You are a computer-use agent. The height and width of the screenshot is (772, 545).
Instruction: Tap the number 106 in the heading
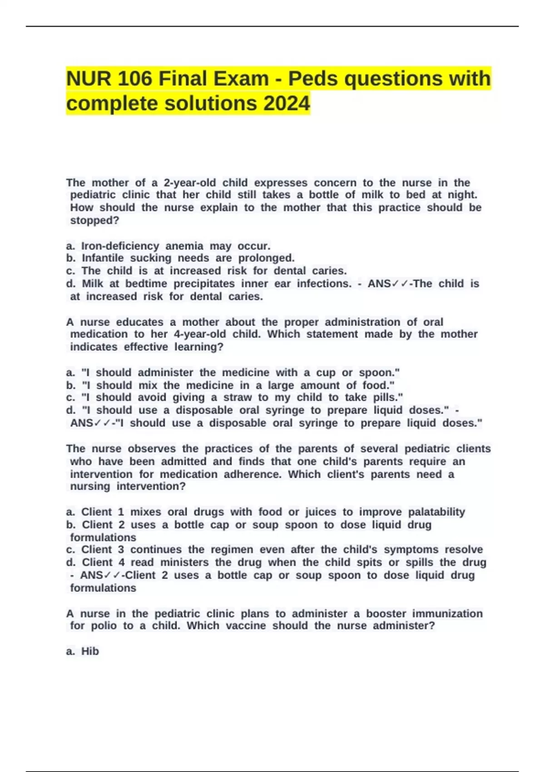134,79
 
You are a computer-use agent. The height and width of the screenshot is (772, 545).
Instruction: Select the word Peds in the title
313,79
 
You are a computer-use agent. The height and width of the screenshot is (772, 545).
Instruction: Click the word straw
238,397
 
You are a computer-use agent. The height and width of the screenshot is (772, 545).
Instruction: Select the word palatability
436,512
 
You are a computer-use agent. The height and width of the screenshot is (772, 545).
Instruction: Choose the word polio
104,626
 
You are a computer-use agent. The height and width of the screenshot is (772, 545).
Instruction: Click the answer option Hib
90,651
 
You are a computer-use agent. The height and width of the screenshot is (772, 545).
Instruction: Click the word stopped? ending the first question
94,220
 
